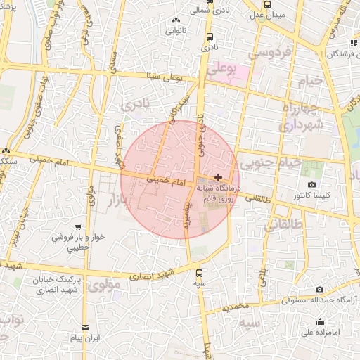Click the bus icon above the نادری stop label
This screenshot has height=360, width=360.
point(210,37)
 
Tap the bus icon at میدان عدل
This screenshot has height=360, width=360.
point(266,4)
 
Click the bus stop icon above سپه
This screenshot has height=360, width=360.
point(199,273)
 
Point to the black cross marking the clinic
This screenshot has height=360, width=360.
point(219,177)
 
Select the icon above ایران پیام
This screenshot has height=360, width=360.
point(86,328)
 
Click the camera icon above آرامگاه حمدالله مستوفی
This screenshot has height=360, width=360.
point(320,289)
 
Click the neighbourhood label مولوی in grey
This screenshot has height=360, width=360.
point(106,285)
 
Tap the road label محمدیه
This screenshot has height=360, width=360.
point(236,307)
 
